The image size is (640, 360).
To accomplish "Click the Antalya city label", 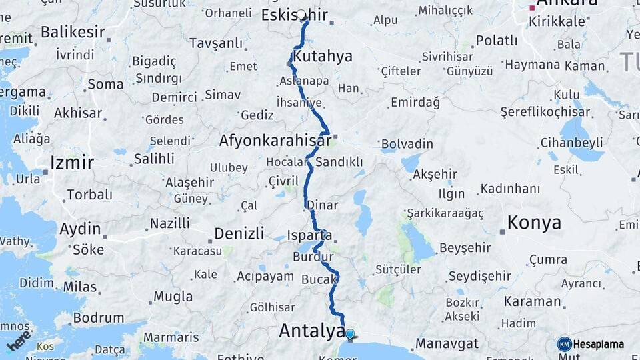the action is coord(311,330).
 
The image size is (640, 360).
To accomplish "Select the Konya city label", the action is coord(534,223).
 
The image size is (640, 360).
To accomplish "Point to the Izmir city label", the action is coord(72,162).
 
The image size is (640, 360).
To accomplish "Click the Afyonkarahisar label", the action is coord(275,141).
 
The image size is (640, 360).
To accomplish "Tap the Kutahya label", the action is coord(322,56).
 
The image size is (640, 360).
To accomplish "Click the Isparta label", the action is coord(310,235).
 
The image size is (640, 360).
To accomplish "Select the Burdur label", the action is coord(313,257).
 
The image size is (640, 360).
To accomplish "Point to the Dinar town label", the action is coord(323,205).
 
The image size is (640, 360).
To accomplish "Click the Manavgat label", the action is coord(447,344).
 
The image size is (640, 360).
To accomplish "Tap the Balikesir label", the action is coord(73,31).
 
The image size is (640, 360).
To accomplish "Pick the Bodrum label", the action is coord(98,317).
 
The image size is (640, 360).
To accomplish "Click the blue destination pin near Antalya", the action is coord(349,333).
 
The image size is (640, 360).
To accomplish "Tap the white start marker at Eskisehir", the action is coord(301,15).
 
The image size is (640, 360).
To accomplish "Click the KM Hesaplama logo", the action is coord(591,344).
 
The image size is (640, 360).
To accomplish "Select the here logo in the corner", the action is coord(19,340).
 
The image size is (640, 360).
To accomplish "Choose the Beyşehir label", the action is coord(465,248).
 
